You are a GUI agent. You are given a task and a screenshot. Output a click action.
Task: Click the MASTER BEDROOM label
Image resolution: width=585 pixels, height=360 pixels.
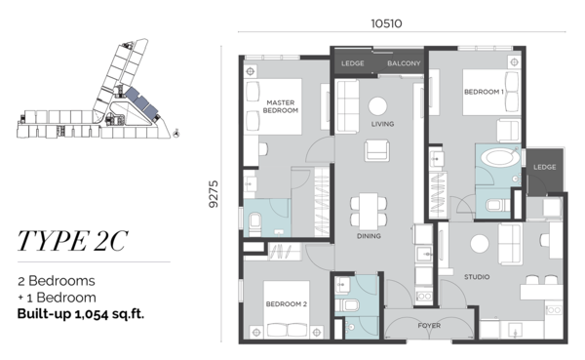coord(281,106)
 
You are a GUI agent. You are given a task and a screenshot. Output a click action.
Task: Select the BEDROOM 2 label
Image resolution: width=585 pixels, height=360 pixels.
coord(286,304)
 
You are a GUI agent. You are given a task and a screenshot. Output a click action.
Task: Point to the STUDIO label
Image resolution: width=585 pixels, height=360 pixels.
coord(477,277)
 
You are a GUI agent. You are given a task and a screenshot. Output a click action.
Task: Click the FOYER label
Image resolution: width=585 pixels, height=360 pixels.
coord(429,326)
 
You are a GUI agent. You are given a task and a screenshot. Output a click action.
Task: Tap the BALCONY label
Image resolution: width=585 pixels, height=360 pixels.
coord(404,63)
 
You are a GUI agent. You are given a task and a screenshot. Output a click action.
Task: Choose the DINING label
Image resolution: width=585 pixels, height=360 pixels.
coord(369,236)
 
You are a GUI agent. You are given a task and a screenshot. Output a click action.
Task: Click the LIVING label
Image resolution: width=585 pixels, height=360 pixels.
coord(382,124)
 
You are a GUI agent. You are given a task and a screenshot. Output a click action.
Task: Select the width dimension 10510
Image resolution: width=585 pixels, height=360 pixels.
coord(386,23)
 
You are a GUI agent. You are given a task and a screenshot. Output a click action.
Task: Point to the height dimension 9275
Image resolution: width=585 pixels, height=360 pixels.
coord(214,194)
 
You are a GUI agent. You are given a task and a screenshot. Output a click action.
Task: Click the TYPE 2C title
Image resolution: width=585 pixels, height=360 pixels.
coord(73,241)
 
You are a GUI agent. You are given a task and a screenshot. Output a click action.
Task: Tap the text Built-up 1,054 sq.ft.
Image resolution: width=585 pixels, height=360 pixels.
coord(81,314)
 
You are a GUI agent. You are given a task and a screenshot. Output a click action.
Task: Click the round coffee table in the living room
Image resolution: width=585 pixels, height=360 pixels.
coord(377,106)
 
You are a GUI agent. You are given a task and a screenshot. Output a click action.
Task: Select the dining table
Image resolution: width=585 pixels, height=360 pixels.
coord(369,212)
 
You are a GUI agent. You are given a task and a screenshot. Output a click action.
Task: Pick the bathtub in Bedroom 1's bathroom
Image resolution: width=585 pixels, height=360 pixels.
coord(500,158)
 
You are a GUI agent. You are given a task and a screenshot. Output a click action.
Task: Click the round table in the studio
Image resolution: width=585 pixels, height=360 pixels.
coord(480,244)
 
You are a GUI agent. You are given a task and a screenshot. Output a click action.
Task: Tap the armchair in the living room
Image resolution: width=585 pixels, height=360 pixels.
coord(377,150)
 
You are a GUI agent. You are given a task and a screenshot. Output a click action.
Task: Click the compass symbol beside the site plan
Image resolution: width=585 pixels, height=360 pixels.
coord(176,133)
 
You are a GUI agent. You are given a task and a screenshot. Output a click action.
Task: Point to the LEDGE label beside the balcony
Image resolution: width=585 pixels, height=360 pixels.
coord(353,63)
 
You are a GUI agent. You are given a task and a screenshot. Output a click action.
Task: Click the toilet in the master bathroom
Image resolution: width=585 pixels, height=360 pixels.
coord(254,221)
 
